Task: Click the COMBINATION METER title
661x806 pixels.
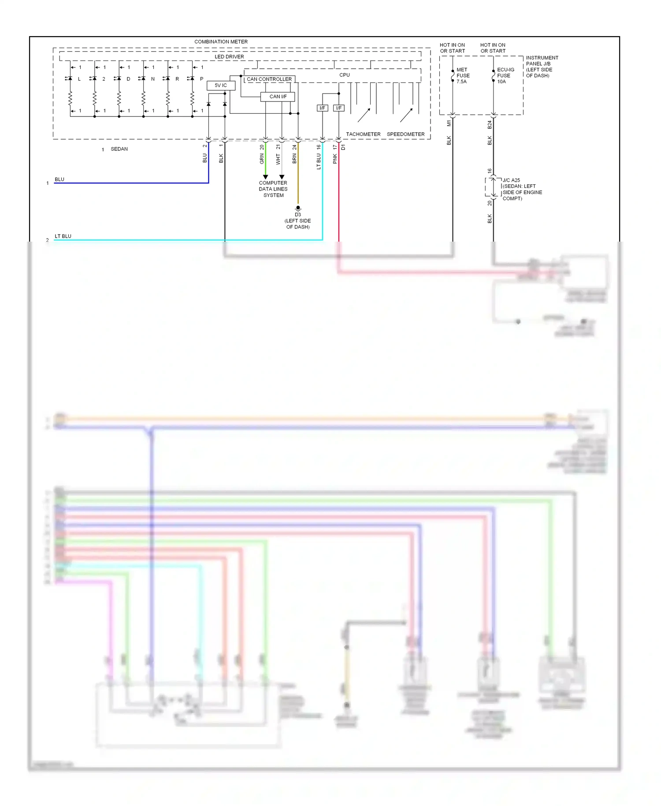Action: pos(221,42)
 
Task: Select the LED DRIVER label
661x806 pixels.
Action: pos(229,57)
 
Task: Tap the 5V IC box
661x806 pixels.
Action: pos(221,86)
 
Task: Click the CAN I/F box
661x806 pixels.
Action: pos(278,97)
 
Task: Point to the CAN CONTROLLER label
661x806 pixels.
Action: pos(269,79)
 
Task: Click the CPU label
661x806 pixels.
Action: pos(344,75)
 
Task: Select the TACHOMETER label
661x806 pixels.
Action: pos(363,134)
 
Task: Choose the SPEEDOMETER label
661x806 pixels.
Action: pos(405,134)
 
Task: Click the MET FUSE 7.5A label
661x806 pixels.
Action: pos(462,76)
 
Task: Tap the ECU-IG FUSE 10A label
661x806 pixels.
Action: pos(505,76)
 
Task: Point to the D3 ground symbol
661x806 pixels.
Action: pos(298,209)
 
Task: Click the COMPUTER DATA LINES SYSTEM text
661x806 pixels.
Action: pos(273,189)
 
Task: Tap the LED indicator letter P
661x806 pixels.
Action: pos(202,79)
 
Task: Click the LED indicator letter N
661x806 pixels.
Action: pos(153,79)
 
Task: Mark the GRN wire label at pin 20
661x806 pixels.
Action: pos(262,159)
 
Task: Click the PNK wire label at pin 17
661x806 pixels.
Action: pos(335,159)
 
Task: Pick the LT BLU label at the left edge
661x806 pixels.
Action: pos(63,236)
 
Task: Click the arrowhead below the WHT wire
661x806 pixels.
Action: pos(282,177)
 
